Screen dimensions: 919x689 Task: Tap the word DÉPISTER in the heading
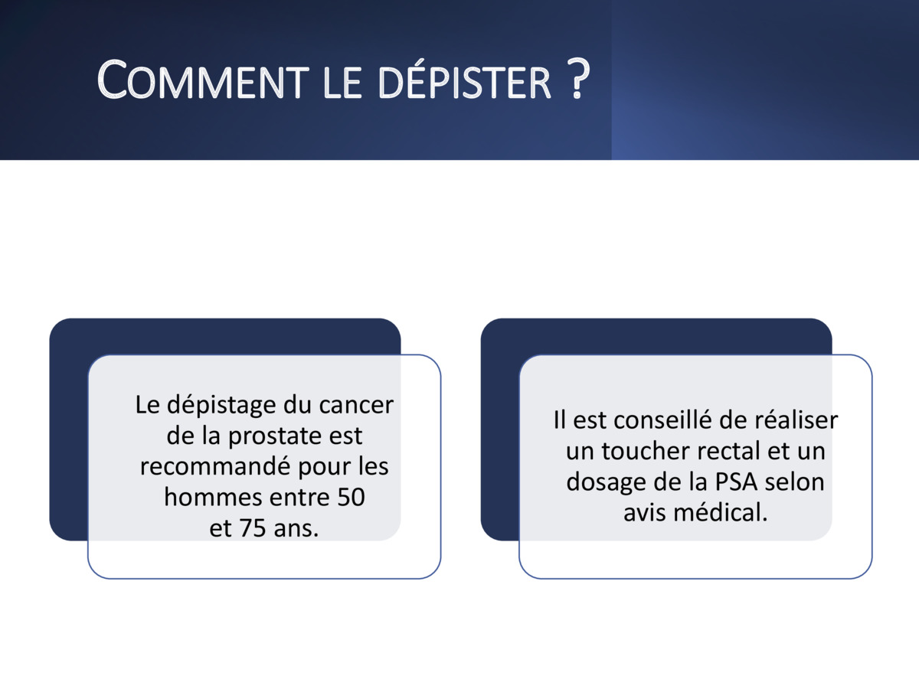click(x=464, y=80)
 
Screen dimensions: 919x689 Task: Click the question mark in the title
click(x=579, y=78)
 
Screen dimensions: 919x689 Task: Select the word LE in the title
click(x=342, y=85)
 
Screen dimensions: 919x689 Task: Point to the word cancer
click(x=356, y=406)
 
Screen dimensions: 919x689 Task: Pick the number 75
click(x=253, y=528)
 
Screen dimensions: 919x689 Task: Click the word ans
click(x=296, y=529)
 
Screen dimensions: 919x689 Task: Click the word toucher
click(x=652, y=451)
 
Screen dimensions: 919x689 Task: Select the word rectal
click(x=738, y=451)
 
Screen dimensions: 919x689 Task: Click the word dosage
click(x=607, y=483)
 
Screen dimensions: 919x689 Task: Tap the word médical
click(x=720, y=512)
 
